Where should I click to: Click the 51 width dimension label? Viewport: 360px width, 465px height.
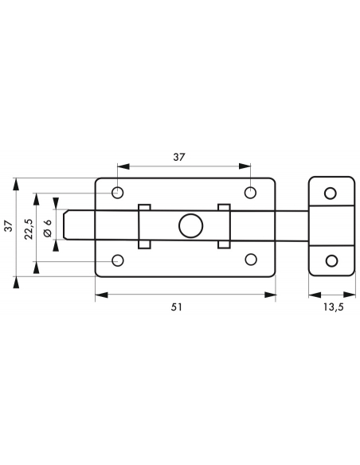(x=177, y=307)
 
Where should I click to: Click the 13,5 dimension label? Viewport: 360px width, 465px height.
(x=333, y=307)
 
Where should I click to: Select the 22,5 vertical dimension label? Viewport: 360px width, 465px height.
(x=29, y=229)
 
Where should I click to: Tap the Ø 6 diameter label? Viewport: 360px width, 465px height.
(x=48, y=229)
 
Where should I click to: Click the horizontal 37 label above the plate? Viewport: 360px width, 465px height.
(x=179, y=157)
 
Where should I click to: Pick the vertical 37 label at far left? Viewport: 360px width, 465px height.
(x=9, y=226)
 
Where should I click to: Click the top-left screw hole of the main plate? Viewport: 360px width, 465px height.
(x=118, y=193)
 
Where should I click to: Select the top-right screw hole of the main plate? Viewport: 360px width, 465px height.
(x=251, y=193)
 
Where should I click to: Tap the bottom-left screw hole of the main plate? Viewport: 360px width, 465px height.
(x=118, y=260)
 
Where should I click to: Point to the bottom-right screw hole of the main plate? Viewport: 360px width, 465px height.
(x=251, y=260)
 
